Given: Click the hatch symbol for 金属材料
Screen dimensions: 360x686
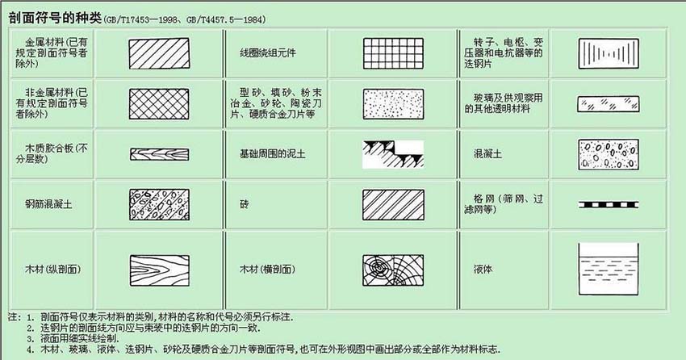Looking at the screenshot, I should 158,52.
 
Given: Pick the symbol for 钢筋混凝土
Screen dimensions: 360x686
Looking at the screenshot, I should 158,204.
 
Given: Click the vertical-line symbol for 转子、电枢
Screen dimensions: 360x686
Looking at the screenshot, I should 607,53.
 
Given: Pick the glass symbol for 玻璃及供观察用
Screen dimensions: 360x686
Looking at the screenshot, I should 607,103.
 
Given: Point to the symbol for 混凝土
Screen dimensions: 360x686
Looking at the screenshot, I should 607,153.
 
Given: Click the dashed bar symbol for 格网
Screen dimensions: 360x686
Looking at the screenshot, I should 607,204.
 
